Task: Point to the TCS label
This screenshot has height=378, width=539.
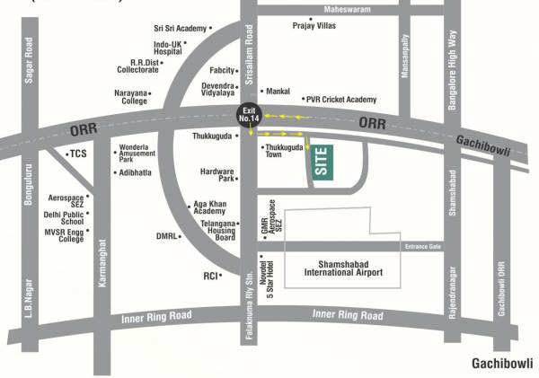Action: [x=79, y=154]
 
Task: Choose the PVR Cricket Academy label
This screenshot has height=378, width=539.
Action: [x=340, y=100]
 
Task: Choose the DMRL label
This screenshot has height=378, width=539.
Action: [x=164, y=237]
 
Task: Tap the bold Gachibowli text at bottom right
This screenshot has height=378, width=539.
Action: [x=502, y=364]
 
